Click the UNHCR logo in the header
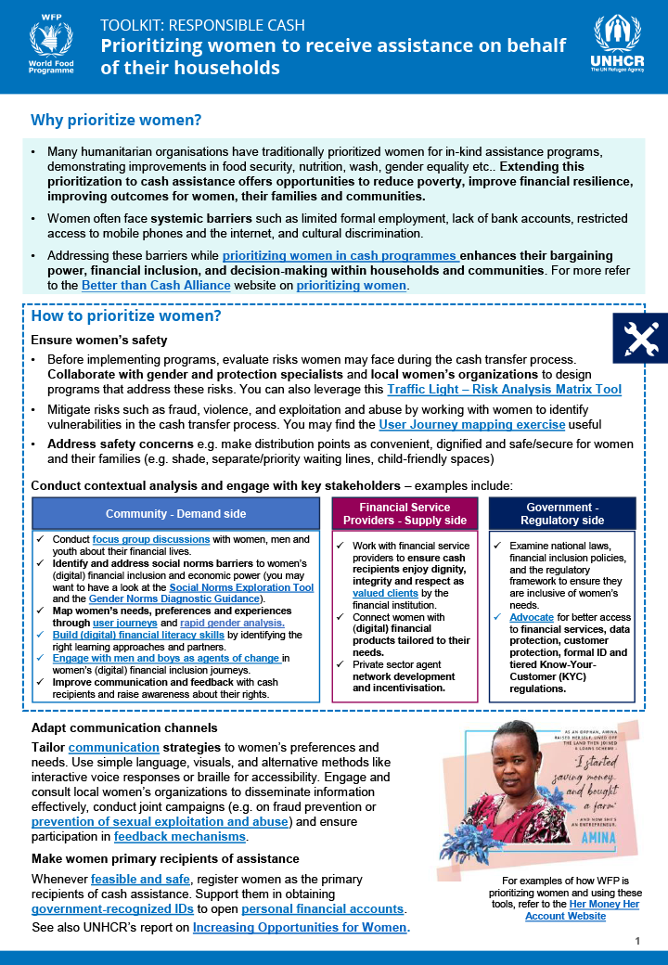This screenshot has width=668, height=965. pyautogui.click(x=616, y=44)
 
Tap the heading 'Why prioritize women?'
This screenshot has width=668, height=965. pyautogui.click(x=116, y=121)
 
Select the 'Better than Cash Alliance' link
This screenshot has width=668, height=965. pyautogui.click(x=156, y=286)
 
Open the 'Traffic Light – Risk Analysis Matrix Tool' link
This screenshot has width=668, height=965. pyautogui.click(x=504, y=390)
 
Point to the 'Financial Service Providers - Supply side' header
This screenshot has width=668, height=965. pyautogui.click(x=405, y=513)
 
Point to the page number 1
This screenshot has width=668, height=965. pyautogui.click(x=638, y=941)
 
